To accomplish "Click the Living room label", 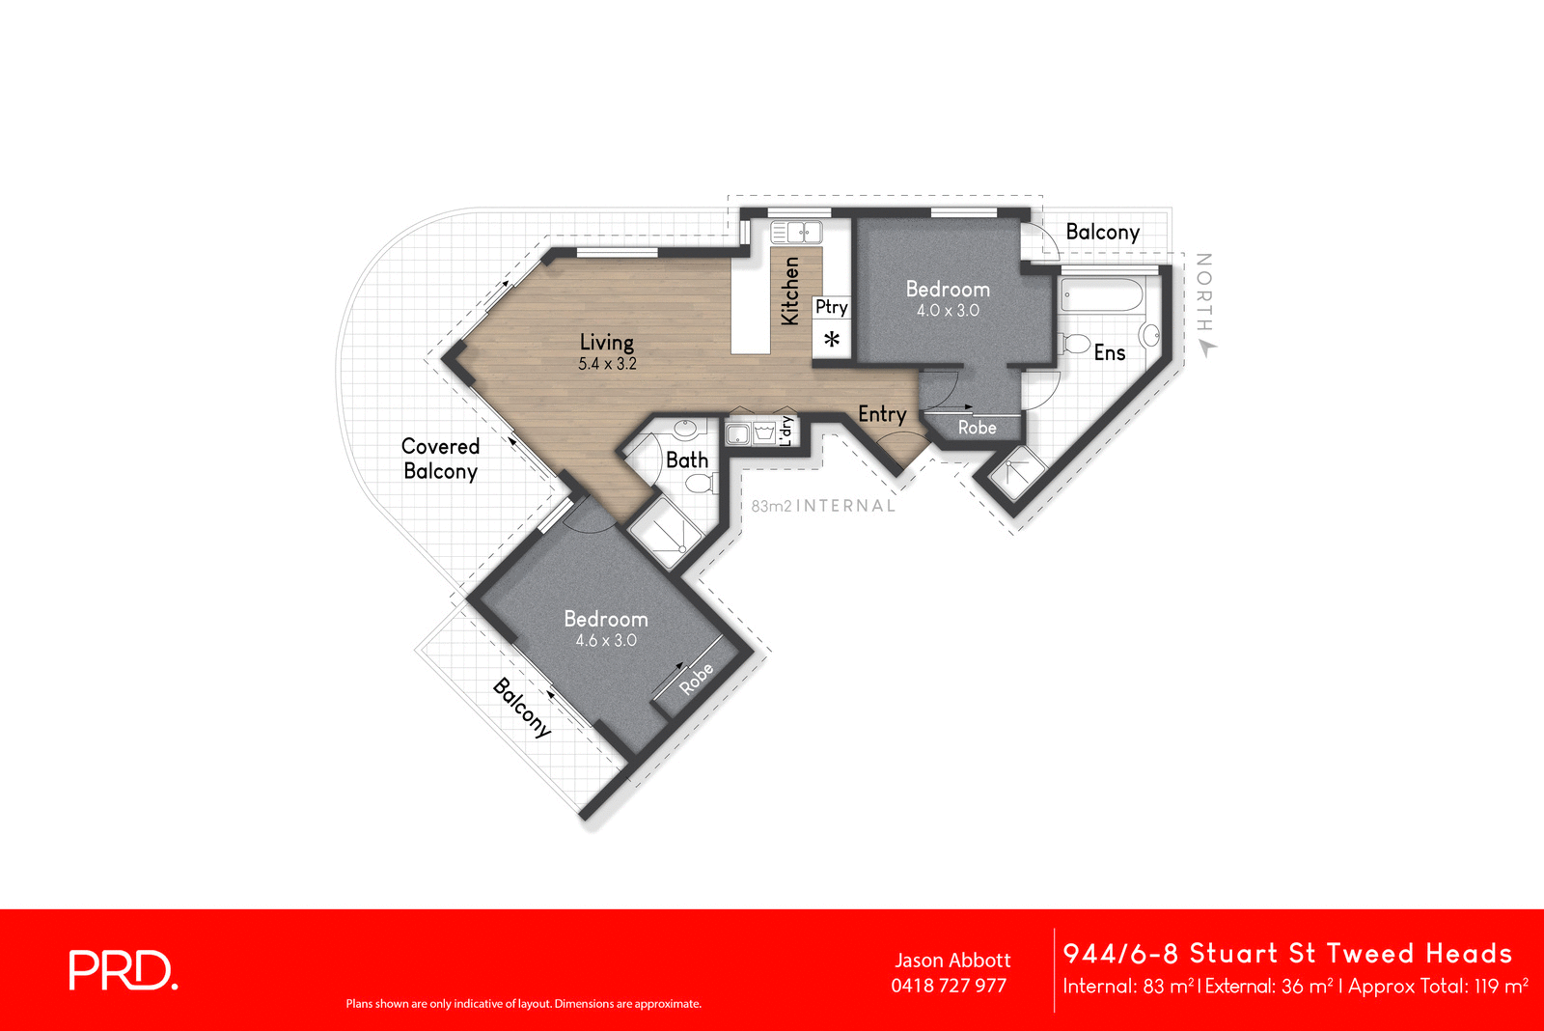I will (x=606, y=342).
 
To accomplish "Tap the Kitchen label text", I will (x=789, y=291).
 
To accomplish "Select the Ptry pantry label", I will (x=831, y=307).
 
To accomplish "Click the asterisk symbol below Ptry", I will (x=831, y=340).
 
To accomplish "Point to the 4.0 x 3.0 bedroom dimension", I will (x=947, y=311).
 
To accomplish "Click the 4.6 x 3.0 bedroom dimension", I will (x=605, y=641).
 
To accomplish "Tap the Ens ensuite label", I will (x=1109, y=353).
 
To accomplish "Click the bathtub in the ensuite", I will (x=1100, y=295).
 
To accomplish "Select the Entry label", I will (x=881, y=414).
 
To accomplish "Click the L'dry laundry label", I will (x=786, y=430).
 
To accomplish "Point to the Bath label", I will (x=686, y=460).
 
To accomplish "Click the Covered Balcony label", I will (x=440, y=459).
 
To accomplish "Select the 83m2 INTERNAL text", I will (x=822, y=506).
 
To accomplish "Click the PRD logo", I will (x=123, y=970).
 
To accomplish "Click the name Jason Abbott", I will (x=951, y=961).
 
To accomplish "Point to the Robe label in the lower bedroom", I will (x=696, y=679).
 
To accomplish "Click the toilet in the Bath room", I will (x=699, y=484).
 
